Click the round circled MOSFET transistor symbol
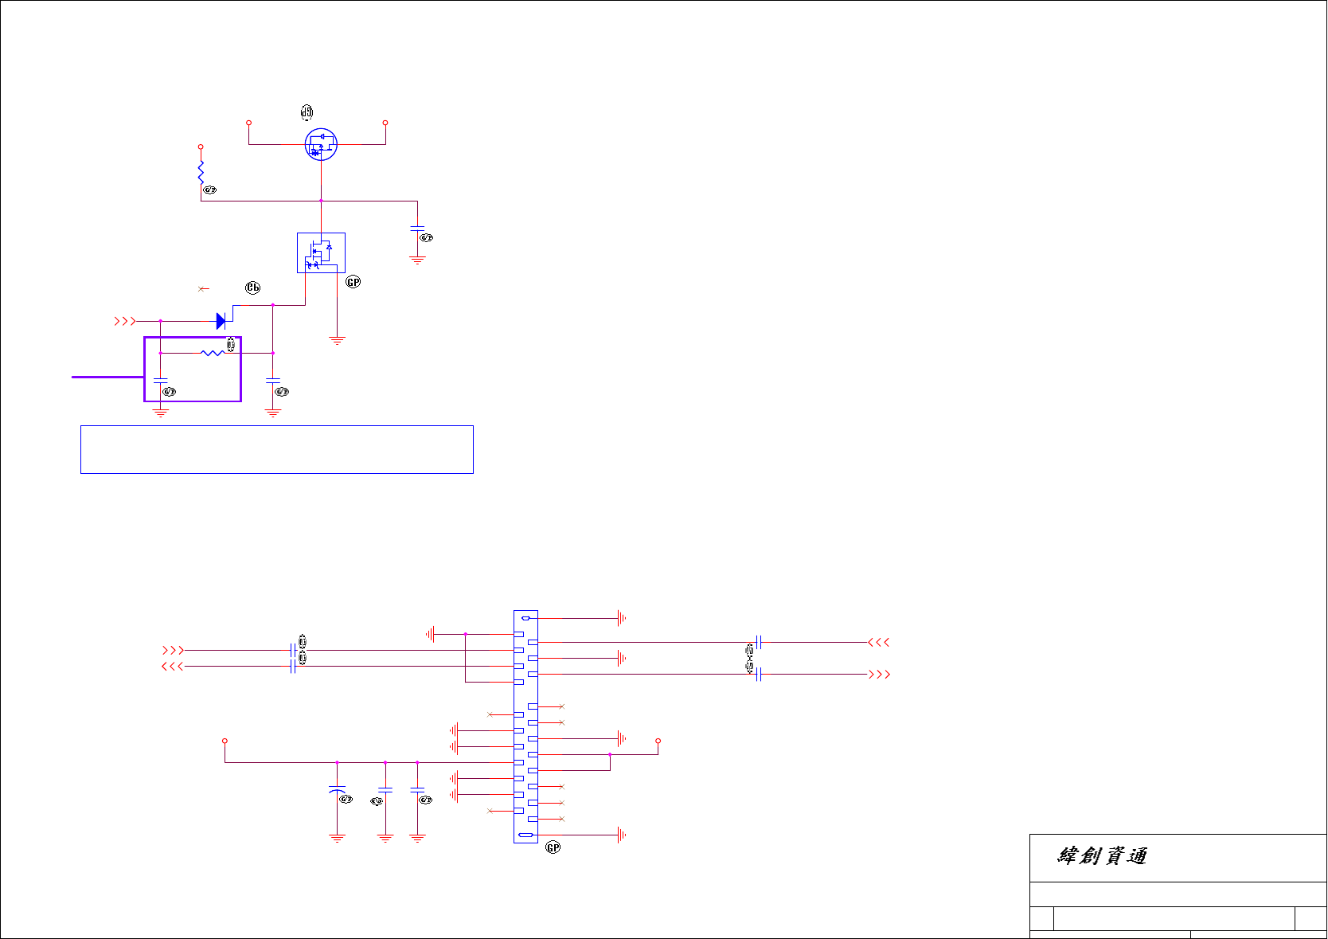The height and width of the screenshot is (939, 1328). [321, 144]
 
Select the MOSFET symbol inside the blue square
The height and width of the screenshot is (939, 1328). [321, 252]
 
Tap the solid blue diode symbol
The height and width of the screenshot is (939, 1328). [221, 321]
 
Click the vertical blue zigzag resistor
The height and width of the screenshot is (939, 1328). [201, 171]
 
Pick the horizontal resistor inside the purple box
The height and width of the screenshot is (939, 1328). [212, 353]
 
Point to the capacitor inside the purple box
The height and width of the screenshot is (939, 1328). [161, 380]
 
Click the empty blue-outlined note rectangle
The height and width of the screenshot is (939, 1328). [277, 449]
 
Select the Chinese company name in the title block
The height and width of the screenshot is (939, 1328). [1103, 856]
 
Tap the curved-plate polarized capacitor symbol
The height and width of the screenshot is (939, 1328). [337, 789]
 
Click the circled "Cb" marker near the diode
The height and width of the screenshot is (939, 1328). [252, 288]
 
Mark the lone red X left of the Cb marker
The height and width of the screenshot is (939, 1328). [203, 289]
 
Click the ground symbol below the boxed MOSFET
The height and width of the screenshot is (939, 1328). [337, 341]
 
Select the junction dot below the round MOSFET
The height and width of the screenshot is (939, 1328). [321, 201]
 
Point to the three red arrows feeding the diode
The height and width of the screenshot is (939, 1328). [125, 321]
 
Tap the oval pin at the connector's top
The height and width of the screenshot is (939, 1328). [525, 618]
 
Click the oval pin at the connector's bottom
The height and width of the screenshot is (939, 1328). [525, 835]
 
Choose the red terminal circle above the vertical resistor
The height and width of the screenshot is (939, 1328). [201, 147]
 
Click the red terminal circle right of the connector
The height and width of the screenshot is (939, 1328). [658, 741]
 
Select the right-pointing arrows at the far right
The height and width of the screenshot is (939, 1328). [879, 675]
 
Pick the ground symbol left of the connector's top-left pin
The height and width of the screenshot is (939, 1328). [431, 634]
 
